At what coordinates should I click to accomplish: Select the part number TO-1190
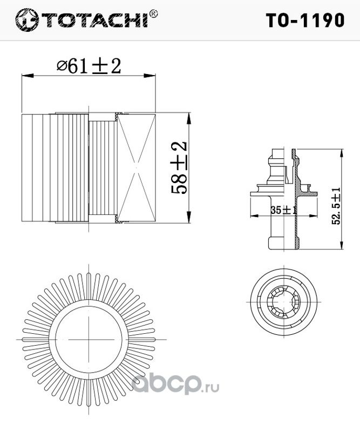(305, 20)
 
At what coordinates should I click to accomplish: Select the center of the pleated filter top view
(90, 339)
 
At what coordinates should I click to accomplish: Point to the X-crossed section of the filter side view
(137, 168)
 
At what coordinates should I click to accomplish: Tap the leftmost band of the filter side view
(28, 167)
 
